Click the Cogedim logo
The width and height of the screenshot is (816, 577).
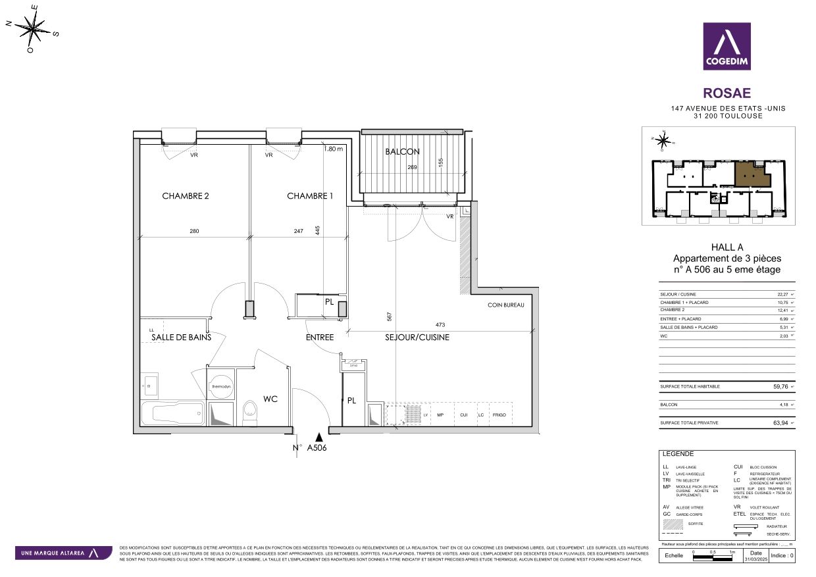pos(727,46)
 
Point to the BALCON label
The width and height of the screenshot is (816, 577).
pos(402,151)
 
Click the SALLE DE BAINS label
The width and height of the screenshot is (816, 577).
pos(181,338)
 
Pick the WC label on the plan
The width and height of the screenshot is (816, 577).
pos(270,399)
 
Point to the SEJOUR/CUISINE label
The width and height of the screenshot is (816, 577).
pos(417,338)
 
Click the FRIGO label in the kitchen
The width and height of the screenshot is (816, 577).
pos(499,415)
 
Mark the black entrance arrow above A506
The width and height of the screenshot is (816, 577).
pos(319,436)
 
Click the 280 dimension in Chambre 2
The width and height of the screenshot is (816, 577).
pos(193,231)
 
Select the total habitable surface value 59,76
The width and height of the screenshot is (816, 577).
pos(778,387)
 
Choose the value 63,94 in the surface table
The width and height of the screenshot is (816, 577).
pos(778,422)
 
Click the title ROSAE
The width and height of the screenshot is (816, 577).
pos(727,94)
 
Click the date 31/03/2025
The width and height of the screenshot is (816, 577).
pos(755,559)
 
